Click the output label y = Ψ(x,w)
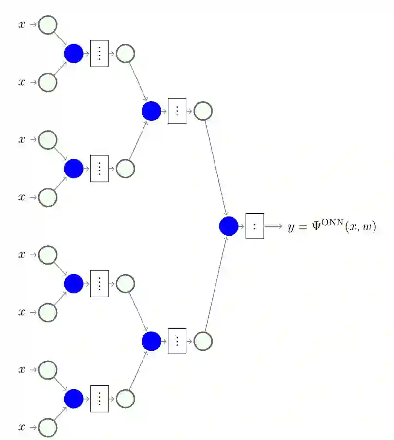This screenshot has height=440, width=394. (x=332, y=227)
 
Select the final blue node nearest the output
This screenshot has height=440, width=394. (x=229, y=227)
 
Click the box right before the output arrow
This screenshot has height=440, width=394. (x=254, y=227)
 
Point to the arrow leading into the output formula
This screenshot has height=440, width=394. (x=273, y=227)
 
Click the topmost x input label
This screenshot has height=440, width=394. (x=22, y=25)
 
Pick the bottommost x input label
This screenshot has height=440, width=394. (x=22, y=427)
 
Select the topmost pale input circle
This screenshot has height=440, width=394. (x=48, y=25)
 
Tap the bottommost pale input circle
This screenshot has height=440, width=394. (x=48, y=427)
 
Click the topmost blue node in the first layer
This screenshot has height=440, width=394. (x=73, y=54)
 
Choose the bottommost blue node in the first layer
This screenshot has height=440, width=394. (x=73, y=399)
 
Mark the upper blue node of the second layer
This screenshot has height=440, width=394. (x=151, y=111)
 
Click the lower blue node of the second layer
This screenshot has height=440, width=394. (x=151, y=341)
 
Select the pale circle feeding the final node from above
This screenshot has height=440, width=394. (x=203, y=111)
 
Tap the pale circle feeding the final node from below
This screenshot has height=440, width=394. (x=203, y=341)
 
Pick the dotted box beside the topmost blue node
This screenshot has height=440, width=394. (x=99, y=54)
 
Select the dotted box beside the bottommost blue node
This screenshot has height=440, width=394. (x=99, y=399)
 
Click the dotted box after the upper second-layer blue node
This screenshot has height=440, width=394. (x=177, y=111)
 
